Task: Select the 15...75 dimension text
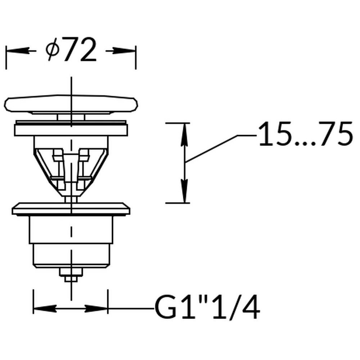point(306,134)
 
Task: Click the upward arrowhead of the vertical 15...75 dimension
point(184,135)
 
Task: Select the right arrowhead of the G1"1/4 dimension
point(96,309)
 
